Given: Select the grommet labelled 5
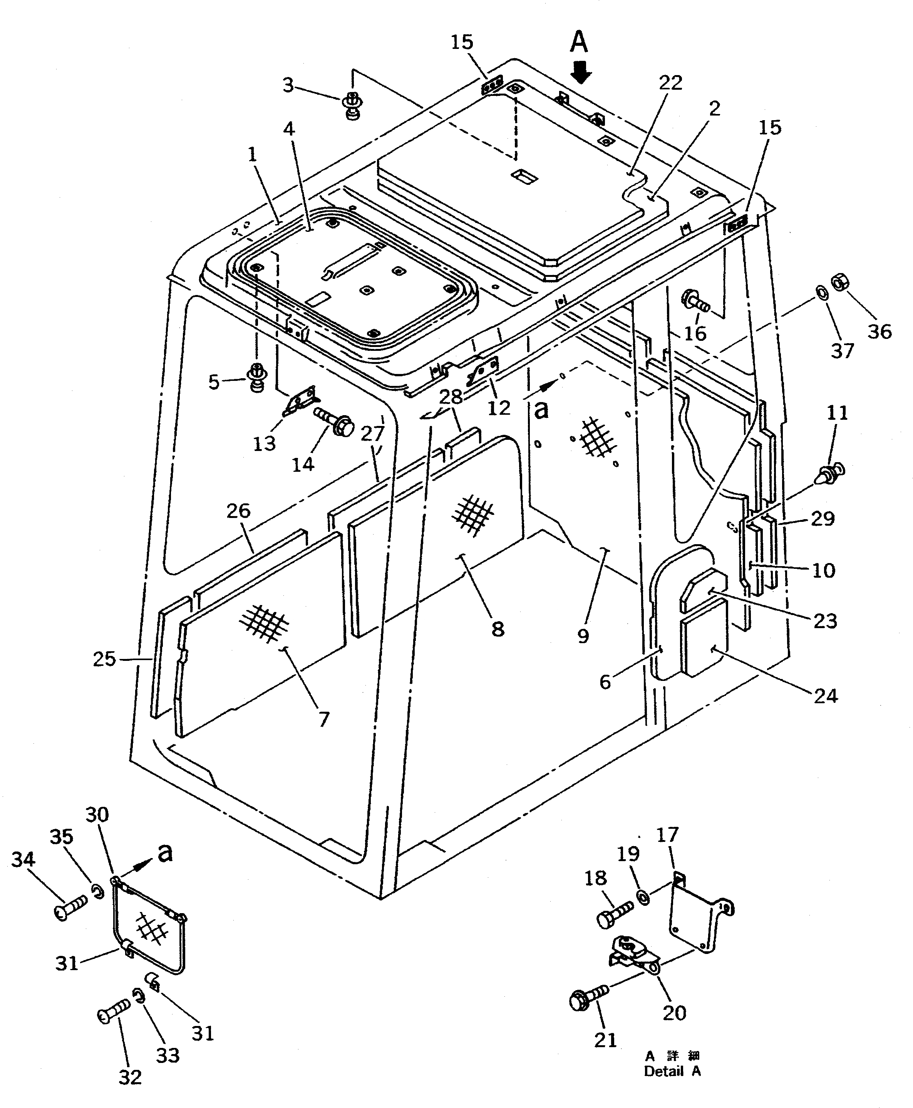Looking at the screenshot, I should click(258, 377).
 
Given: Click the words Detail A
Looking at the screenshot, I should click(672, 1071).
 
